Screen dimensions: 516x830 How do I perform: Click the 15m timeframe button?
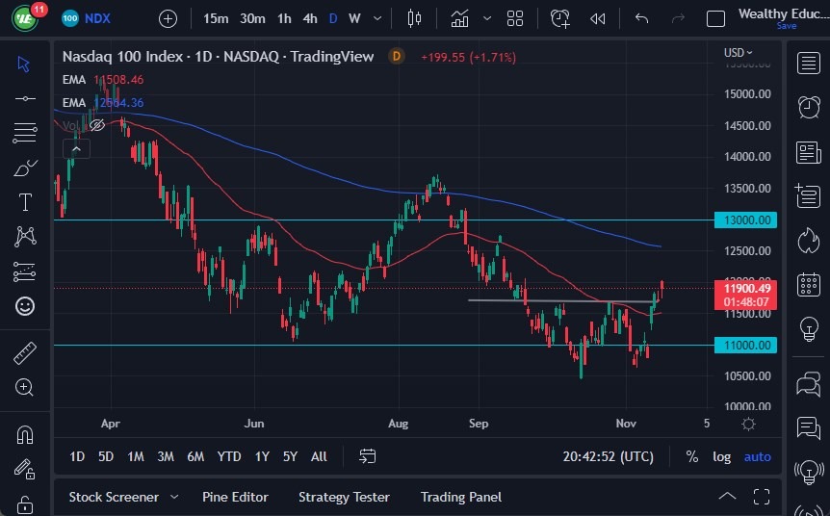tap(217, 18)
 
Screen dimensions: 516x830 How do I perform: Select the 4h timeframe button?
tap(310, 18)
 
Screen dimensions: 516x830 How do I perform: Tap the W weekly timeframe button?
tap(354, 18)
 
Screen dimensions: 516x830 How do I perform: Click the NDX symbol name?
tap(97, 18)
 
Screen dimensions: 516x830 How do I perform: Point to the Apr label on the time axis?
tap(110, 424)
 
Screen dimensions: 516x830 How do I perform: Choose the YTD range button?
tap(229, 456)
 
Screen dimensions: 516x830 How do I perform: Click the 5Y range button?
tap(290, 456)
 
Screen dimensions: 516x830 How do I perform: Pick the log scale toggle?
tap(721, 456)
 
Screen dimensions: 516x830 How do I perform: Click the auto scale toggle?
tap(758, 456)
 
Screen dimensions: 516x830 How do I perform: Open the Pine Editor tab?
tap(235, 497)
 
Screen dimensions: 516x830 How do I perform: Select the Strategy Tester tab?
tap(344, 497)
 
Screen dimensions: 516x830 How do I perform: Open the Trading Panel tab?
tap(461, 497)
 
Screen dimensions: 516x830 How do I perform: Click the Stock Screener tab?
tap(114, 497)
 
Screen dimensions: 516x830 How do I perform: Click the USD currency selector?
tap(739, 52)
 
